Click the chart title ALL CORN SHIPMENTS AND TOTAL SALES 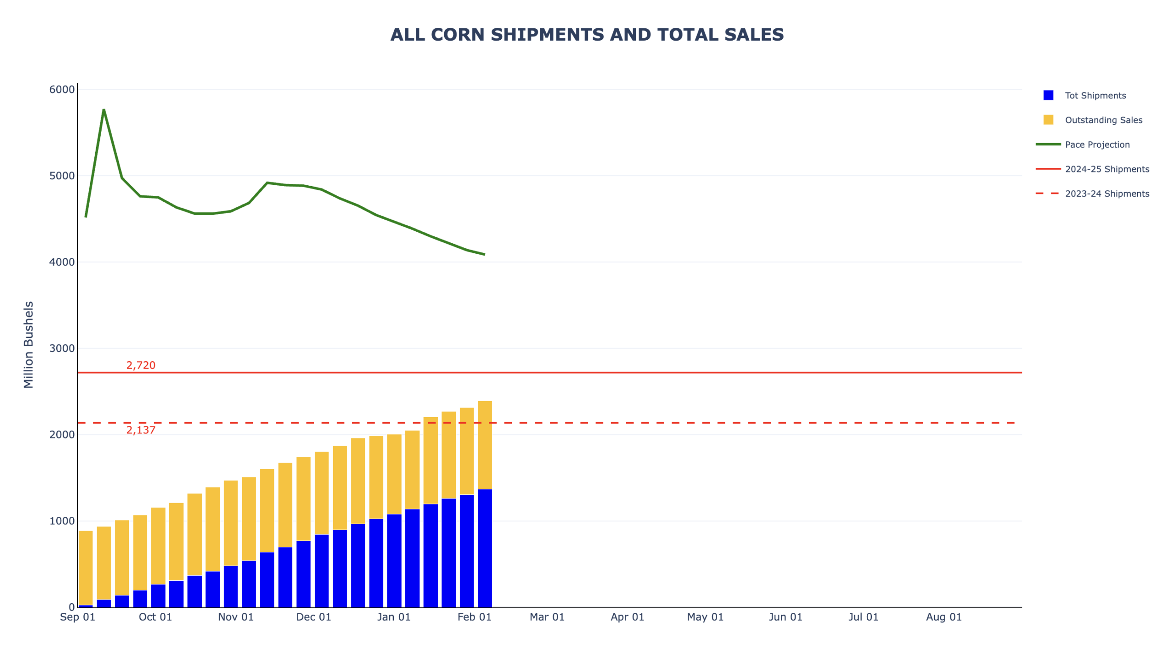tap(586, 35)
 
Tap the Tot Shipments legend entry tap(1095, 95)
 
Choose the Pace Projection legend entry tap(1096, 144)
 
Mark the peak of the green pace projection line tap(104, 109)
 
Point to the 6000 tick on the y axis tap(62, 89)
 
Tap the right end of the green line tap(484, 254)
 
